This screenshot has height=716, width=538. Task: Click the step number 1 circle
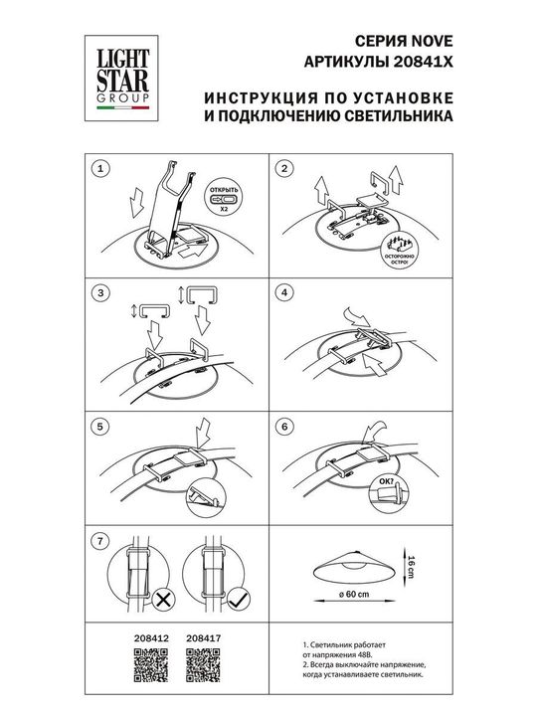97,170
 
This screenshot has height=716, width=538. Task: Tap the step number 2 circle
285,170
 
